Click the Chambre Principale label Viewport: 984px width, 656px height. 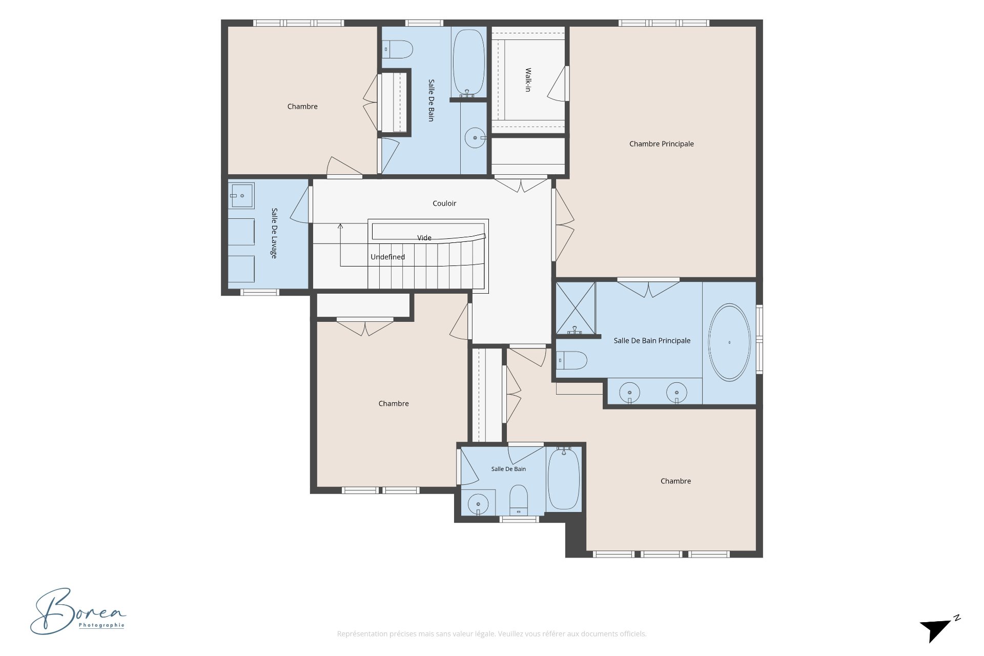661,144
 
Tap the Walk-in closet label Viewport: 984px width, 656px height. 528,80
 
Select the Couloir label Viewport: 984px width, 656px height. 444,203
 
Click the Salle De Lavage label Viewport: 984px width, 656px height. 274,233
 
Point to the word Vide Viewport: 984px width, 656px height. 424,238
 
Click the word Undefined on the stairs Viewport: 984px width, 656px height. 388,257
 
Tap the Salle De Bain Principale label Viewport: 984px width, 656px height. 652,341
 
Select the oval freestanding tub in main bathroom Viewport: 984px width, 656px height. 729,342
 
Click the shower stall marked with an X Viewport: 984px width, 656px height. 576,307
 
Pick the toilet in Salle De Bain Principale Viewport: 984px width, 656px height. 571,360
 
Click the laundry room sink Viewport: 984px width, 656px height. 241,196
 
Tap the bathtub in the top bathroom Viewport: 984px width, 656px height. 468,63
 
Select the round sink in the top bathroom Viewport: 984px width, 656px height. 475,138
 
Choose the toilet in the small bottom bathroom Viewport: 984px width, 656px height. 519,500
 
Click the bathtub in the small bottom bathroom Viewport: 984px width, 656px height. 564,479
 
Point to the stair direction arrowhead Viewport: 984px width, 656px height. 340,225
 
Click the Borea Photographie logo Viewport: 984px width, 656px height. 78,611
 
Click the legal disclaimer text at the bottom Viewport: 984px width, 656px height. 491,634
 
